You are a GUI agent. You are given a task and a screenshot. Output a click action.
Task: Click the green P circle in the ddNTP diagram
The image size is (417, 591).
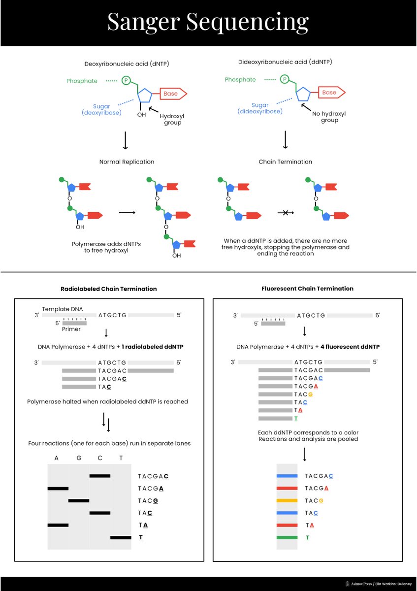click(x=284, y=79)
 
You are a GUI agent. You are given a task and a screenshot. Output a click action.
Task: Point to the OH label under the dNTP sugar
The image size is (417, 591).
click(x=141, y=115)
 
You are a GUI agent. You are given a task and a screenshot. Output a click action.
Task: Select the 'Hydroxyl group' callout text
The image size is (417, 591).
click(x=170, y=119)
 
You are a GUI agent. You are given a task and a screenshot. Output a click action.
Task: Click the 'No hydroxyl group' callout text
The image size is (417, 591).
click(x=329, y=117)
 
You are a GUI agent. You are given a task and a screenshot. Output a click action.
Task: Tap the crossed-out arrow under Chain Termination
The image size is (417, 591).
click(x=285, y=212)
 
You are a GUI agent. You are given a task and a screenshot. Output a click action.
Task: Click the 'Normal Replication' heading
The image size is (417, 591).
click(x=127, y=162)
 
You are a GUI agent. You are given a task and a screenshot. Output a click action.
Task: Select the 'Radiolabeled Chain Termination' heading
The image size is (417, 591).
click(x=108, y=289)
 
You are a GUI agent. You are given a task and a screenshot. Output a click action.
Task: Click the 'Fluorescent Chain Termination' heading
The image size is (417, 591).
click(x=307, y=289)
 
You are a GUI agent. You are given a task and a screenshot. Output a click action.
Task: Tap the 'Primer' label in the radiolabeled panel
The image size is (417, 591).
click(x=71, y=329)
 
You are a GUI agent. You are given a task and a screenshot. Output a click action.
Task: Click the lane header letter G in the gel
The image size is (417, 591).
click(x=79, y=458)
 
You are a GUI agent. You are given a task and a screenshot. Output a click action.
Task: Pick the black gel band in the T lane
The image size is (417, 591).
click(x=121, y=537)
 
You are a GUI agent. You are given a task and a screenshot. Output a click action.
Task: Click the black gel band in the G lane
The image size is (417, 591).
click(x=79, y=500)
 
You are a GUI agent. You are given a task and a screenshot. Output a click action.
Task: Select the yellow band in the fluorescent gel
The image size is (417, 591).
click(x=287, y=500)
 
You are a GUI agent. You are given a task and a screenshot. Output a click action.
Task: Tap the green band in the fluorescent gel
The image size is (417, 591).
click(x=287, y=537)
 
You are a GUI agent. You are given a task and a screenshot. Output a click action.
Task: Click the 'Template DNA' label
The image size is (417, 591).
click(x=63, y=309)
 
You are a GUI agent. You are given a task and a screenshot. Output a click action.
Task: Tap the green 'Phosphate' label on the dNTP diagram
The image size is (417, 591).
click(x=82, y=81)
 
